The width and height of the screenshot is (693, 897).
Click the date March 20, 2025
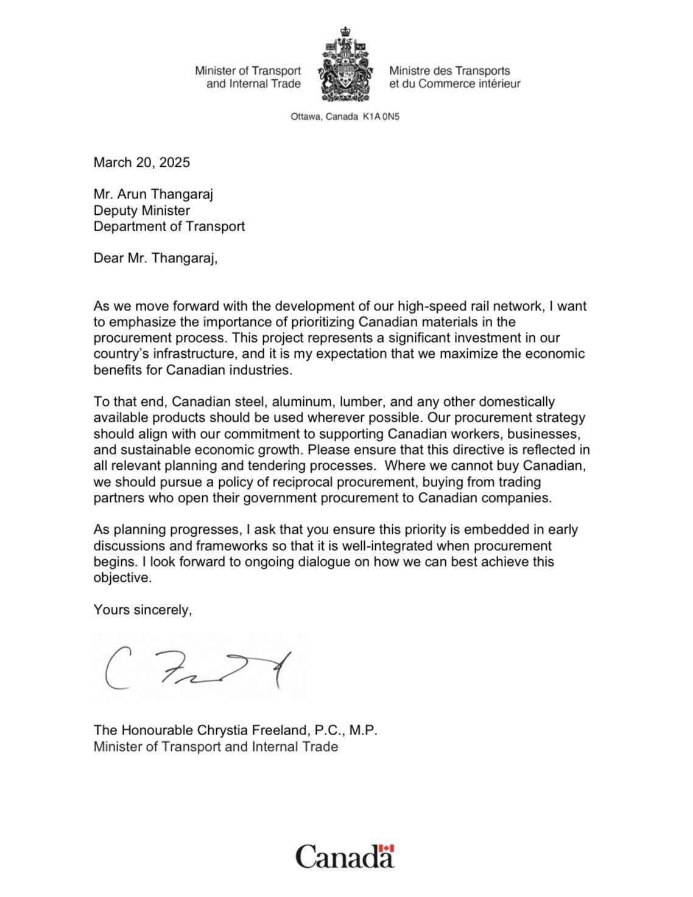(141, 162)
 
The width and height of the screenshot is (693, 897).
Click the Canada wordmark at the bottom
(345, 856)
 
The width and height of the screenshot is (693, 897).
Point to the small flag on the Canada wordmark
(387, 848)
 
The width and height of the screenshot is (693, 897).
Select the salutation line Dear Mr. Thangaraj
(155, 258)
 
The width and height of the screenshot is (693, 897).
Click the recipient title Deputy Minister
(142, 211)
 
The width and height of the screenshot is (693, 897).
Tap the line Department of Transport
(169, 226)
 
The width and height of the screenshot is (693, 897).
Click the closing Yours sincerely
(142, 609)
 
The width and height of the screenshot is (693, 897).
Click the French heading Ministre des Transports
(449, 71)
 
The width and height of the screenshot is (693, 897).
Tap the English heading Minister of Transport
(248, 71)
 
